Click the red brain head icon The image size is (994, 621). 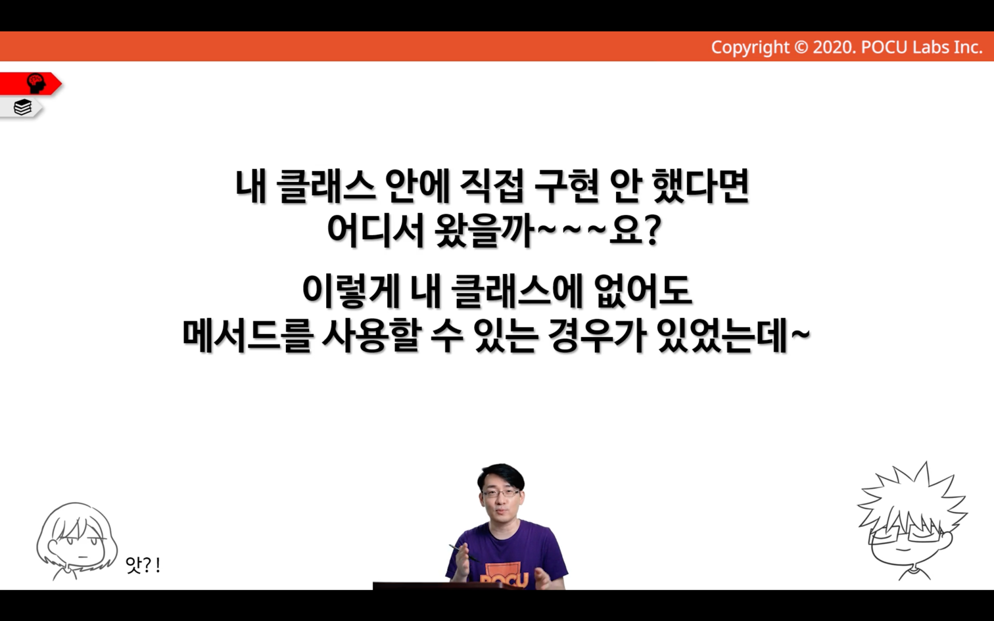tap(36, 83)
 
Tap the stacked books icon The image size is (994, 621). tap(22, 107)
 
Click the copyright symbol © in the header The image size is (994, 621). tap(801, 47)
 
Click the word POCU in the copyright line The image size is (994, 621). tap(884, 47)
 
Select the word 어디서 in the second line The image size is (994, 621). tap(375, 231)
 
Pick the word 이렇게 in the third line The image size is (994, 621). tap(351, 291)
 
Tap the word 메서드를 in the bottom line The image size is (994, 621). tap(247, 335)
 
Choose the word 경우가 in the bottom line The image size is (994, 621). tap(598, 335)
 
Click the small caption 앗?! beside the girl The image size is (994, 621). tap(143, 564)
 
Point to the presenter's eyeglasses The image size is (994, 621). tap(501, 492)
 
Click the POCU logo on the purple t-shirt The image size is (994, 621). tap(504, 577)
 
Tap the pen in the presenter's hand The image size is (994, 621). tap(463, 553)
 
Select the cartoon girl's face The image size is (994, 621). tap(78, 548)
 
